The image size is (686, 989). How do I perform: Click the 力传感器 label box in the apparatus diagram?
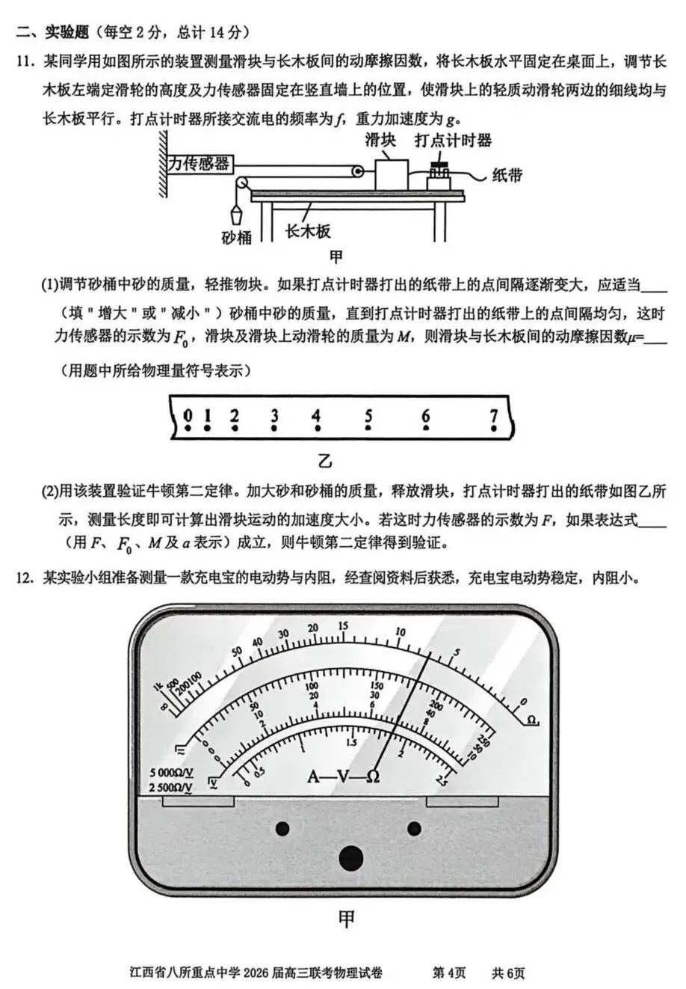[x=199, y=164]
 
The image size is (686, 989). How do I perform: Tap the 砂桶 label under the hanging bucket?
[x=237, y=237]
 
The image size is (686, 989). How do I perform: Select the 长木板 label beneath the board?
[x=308, y=231]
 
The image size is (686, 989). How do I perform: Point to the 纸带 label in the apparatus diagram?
[x=507, y=175]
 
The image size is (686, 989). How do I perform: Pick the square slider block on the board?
[x=391, y=174]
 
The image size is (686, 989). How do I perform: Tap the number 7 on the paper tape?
[x=493, y=417]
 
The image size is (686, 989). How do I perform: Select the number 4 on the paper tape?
[x=316, y=417]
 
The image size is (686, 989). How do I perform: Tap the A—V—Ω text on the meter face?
[x=343, y=776]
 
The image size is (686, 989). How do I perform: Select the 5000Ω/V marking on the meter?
[x=171, y=772]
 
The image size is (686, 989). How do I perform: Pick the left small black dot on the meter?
[x=282, y=827]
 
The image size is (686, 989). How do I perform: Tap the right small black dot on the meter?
[x=414, y=827]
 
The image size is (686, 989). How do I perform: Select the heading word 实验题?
[x=67, y=33]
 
